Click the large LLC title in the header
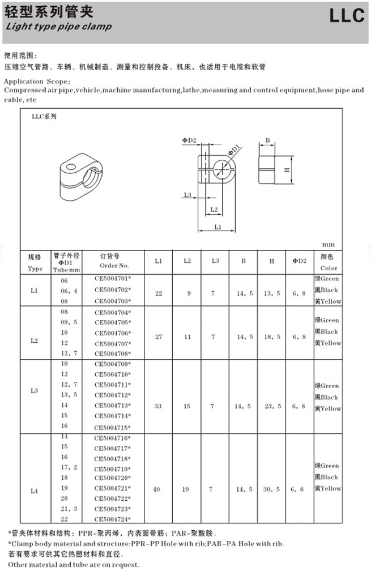click(x=347, y=16)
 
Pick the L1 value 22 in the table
click(x=159, y=293)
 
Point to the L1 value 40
click(x=159, y=489)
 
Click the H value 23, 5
click(x=272, y=406)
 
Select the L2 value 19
click(x=187, y=489)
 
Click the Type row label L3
click(x=35, y=391)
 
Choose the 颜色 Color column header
click(x=329, y=262)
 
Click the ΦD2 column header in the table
click(x=299, y=261)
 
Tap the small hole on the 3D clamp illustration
click(x=70, y=167)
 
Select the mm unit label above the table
click(x=329, y=245)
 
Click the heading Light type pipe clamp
click(x=59, y=27)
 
